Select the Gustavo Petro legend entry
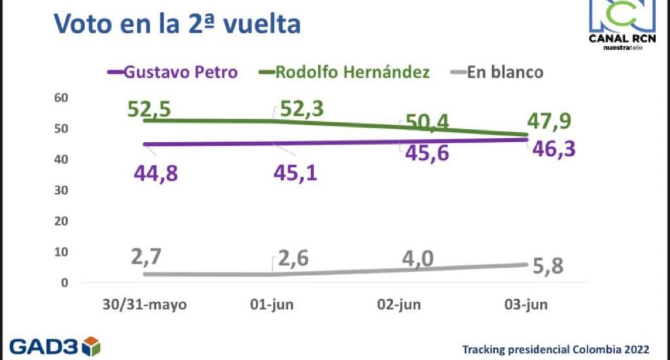click(171, 71)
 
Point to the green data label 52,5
click(149, 109)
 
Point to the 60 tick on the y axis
click(61, 98)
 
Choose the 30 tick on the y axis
click(61, 190)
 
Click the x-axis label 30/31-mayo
click(145, 304)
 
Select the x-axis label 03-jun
click(527, 304)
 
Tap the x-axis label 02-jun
click(400, 304)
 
